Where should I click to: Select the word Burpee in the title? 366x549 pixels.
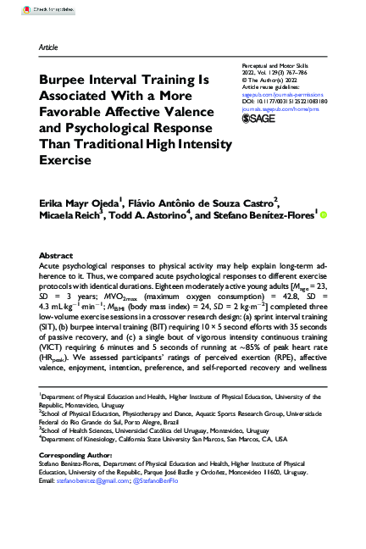66,79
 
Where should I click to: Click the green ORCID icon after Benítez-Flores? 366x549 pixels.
323,215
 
